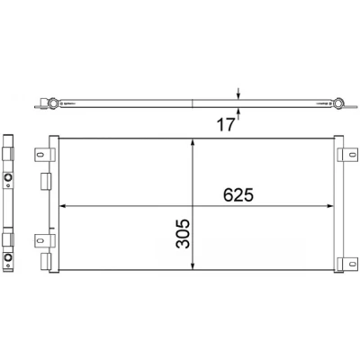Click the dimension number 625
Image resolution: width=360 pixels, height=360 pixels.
click(x=238, y=195)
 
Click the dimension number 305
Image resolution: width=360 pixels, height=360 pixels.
click(x=183, y=234)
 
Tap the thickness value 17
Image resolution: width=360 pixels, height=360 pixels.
click(x=226, y=124)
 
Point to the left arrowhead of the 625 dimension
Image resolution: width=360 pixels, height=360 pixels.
click(x=63, y=206)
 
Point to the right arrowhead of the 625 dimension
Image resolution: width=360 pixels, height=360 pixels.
click(x=330, y=206)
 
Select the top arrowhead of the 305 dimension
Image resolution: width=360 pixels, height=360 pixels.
click(x=193, y=142)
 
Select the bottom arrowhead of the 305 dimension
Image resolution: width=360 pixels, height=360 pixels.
click(x=193, y=266)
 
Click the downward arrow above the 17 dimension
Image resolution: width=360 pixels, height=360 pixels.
click(x=238, y=94)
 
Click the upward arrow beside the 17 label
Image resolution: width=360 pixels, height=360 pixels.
click(x=238, y=113)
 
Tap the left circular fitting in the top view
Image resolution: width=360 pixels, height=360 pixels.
click(x=53, y=103)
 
